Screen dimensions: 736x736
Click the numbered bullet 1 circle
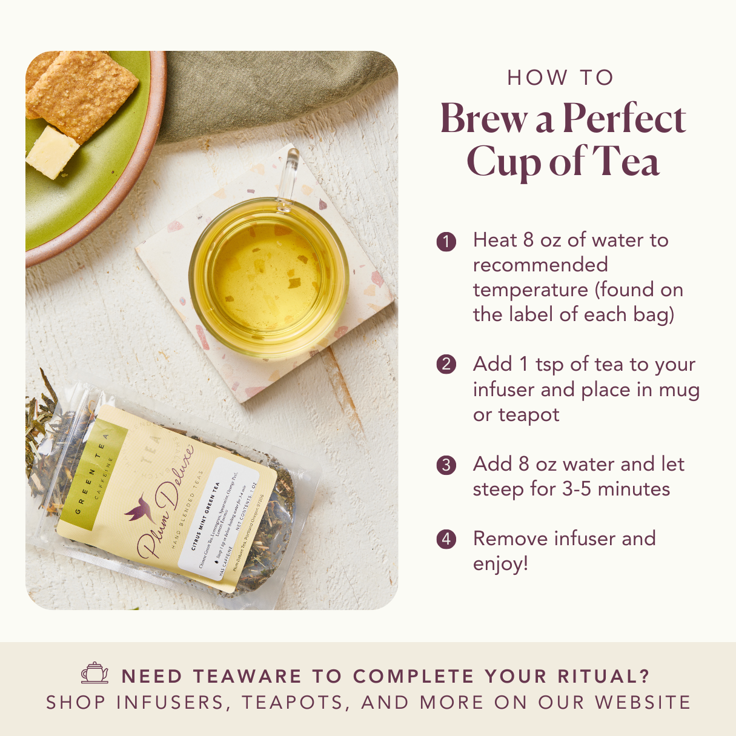[x=446, y=241]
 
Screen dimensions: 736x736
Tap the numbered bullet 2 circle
[x=446, y=365]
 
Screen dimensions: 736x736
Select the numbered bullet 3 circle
[x=446, y=465]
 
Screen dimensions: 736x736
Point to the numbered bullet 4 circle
[x=446, y=539]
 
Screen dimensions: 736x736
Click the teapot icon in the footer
[x=95, y=673]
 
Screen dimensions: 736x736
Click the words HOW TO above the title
[x=561, y=78]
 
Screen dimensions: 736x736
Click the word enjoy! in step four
[x=500, y=564]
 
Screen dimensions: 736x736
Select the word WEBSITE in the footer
[x=643, y=703]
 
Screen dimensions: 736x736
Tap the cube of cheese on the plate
[x=52, y=152]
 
